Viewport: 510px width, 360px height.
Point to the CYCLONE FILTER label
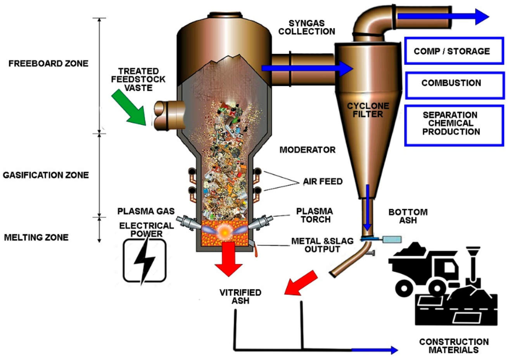tap(368, 110)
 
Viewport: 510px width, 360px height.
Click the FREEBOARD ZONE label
tap(48, 63)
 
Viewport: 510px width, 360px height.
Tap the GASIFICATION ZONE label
tap(46, 175)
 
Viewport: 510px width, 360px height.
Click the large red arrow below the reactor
tap(229, 258)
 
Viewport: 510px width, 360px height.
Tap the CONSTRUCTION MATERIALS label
tap(454, 346)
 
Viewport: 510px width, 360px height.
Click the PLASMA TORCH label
tap(314, 215)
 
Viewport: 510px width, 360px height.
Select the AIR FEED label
tap(323, 182)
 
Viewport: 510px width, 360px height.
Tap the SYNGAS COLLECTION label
tap(306, 28)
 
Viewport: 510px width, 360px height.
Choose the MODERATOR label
tap(308, 150)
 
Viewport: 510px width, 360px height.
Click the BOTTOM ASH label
tap(408, 216)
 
